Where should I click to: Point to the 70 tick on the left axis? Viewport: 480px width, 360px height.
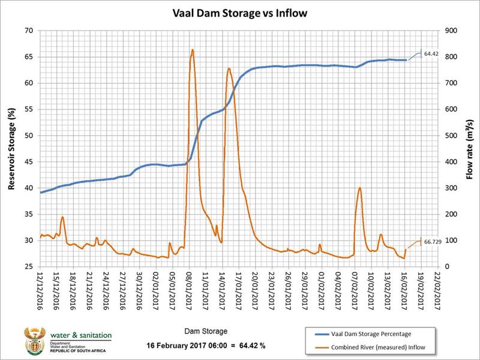click(x=28, y=30)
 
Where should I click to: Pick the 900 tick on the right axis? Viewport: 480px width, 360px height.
click(x=449, y=30)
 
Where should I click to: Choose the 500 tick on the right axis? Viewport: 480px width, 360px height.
click(x=449, y=135)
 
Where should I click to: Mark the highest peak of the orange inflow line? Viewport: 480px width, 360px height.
click(x=192, y=50)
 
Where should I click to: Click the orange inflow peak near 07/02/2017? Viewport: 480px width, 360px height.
click(x=359, y=188)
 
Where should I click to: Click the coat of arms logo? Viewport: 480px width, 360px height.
click(x=31, y=341)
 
